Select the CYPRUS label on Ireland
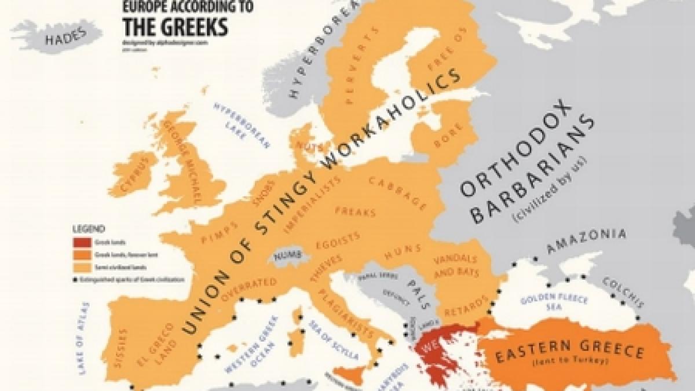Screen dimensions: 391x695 (x=138, y=176)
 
